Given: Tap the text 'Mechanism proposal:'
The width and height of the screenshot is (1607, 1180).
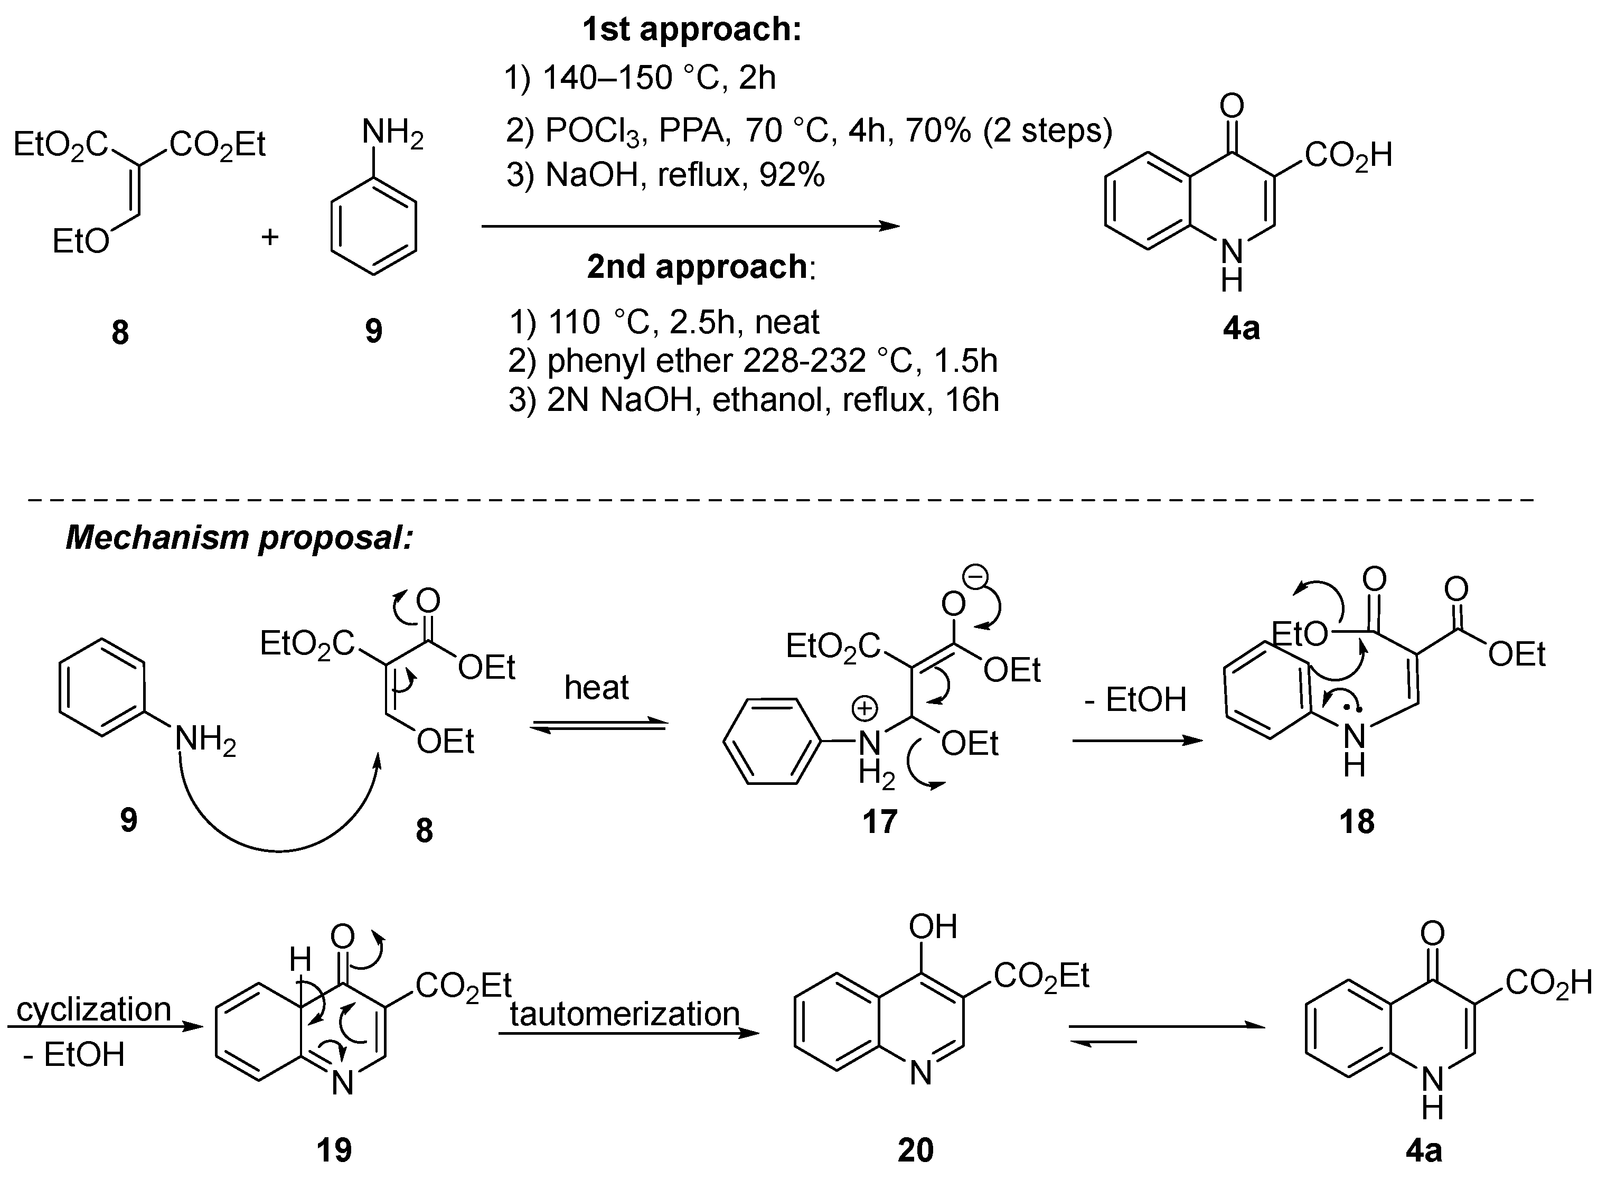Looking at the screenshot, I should tap(239, 537).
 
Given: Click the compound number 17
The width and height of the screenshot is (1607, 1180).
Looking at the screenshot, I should tap(879, 821).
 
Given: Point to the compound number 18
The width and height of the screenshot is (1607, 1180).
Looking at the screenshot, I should tap(1356, 821).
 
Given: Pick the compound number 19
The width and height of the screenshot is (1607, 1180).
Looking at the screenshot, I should tap(334, 1150).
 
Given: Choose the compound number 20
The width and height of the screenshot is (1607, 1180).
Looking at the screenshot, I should tap(915, 1150).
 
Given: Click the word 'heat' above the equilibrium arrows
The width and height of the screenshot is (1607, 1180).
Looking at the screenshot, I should tap(596, 687).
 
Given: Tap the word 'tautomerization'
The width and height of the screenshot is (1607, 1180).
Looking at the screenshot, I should tap(624, 1014).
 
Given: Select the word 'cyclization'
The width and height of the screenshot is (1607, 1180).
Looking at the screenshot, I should tap(93, 1009).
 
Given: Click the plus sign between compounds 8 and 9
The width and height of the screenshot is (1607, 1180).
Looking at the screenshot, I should tap(269, 237).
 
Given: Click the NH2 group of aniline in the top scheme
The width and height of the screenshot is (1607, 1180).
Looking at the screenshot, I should tap(392, 134).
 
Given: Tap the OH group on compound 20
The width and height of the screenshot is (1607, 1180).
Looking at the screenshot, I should tap(932, 926).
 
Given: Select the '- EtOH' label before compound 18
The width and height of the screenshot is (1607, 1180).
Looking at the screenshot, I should tap(1134, 699).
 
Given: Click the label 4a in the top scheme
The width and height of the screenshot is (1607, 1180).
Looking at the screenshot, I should tap(1241, 329).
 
